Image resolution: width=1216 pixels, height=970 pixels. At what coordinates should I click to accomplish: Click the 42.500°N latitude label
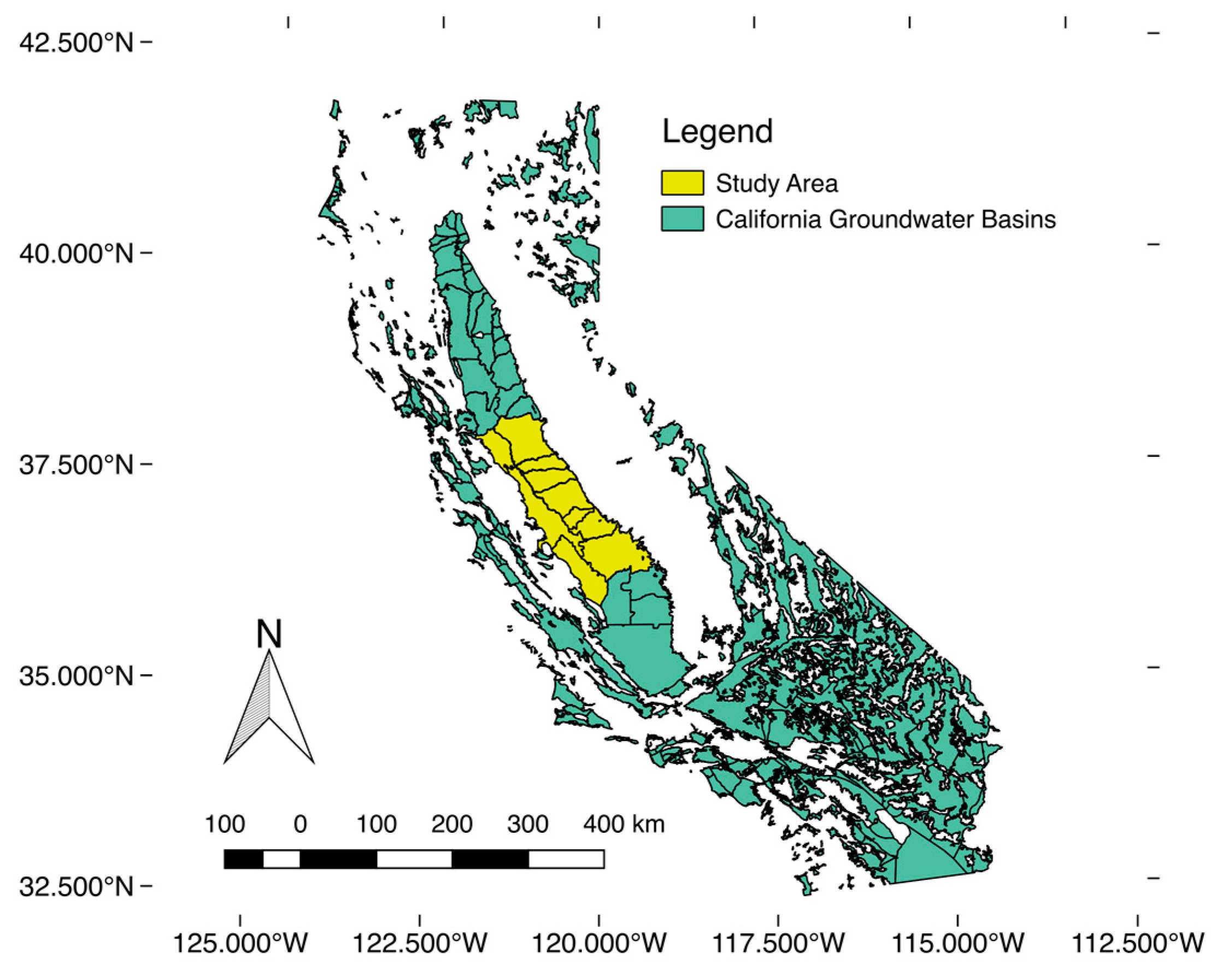coord(76,43)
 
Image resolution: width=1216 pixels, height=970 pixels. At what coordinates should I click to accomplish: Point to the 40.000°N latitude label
coord(76,253)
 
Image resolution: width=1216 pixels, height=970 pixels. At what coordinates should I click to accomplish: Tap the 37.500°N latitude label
coord(76,465)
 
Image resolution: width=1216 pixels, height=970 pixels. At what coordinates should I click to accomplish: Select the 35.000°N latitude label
coord(76,675)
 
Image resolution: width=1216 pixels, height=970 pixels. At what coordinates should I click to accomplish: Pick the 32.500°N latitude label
coord(76,886)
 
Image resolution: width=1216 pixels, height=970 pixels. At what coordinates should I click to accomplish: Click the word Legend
coord(717,131)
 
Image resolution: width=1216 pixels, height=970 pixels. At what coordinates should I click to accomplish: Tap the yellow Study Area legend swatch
coord(683,183)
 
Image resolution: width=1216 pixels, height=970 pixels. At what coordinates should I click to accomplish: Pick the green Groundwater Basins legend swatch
coord(683,219)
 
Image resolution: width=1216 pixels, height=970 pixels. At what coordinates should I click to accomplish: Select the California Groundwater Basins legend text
coord(885,219)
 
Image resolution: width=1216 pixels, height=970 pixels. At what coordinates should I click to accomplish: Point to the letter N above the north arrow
coord(269,634)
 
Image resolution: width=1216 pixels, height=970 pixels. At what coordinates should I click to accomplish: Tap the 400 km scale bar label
coord(624,825)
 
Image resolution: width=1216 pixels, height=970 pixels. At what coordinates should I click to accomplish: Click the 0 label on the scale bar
coord(300,825)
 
